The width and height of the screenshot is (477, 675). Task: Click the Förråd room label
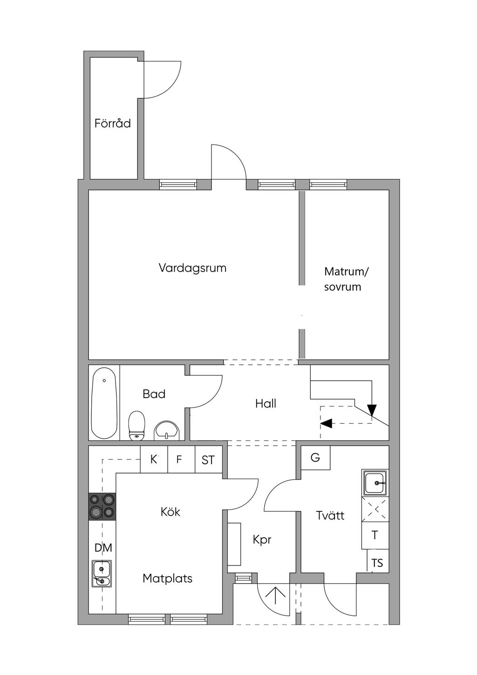tap(112, 124)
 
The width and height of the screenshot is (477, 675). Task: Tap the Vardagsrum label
tap(192, 268)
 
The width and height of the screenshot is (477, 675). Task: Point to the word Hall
tap(266, 404)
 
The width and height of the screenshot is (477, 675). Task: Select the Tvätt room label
tap(330, 516)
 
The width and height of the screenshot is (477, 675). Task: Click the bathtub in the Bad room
tap(104, 403)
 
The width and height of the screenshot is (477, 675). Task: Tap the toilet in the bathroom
tap(136, 425)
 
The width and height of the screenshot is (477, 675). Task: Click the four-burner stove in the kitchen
tap(102, 506)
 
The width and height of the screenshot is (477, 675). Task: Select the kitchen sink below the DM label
tap(102, 574)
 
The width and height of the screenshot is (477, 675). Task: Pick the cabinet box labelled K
tap(154, 460)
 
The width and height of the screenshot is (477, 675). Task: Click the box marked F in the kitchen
tap(179, 460)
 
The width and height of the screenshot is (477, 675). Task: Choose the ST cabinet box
tap(208, 460)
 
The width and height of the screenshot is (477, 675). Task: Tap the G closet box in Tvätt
tap(315, 457)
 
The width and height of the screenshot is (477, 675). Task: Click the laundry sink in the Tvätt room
tap(375, 482)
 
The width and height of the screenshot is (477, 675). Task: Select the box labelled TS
tap(377, 563)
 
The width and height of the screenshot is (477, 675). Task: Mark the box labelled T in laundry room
tap(375, 536)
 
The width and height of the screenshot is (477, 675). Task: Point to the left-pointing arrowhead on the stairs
tap(327, 423)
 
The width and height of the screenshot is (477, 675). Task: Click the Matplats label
tap(167, 579)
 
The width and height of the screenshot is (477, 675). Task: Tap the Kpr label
tap(262, 540)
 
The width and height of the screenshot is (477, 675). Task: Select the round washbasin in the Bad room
tap(166, 430)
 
